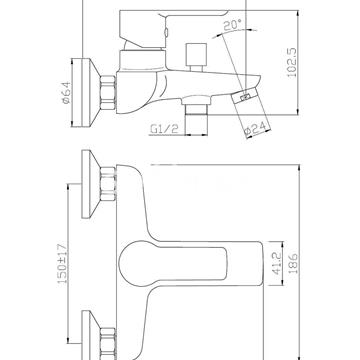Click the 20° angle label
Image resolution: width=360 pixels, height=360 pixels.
pyautogui.click(x=232, y=25)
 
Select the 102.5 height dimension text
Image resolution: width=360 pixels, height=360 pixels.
pyautogui.click(x=292, y=63)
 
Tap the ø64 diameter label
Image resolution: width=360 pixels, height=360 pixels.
pyautogui.click(x=67, y=93)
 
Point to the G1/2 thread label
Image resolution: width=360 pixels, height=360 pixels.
pyautogui.click(x=164, y=129)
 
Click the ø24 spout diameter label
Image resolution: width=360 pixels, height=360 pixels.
pyautogui.click(x=256, y=130)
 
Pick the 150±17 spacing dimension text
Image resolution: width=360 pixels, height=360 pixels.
pyautogui.click(x=63, y=264)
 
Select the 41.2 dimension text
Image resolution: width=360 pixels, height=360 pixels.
pyautogui.click(x=277, y=263)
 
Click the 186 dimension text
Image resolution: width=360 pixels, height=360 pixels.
pyautogui.click(x=293, y=263)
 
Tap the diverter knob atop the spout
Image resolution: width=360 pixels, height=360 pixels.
pyautogui.click(x=196, y=57)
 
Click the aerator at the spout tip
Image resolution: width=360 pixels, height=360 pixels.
pyautogui.click(x=246, y=98)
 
